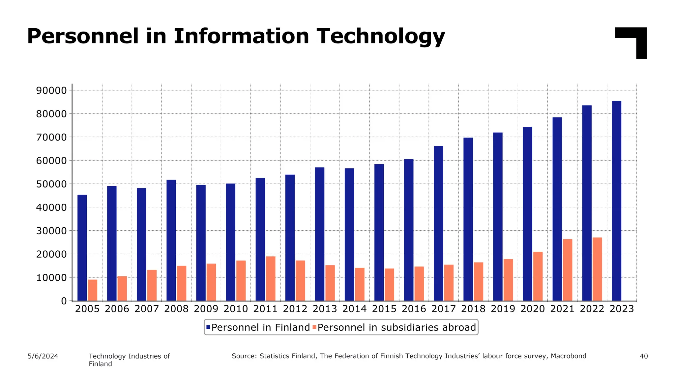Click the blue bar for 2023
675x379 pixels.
616,201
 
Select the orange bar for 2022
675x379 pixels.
597,269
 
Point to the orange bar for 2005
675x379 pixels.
93,290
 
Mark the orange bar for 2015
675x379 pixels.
389,285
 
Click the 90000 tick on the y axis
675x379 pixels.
51,90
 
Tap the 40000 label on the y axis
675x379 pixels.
51,208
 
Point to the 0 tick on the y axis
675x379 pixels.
64,301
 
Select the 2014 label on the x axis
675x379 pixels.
354,309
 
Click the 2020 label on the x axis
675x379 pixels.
532,309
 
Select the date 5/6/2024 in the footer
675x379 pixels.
43,356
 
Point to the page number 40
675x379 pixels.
643,356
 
